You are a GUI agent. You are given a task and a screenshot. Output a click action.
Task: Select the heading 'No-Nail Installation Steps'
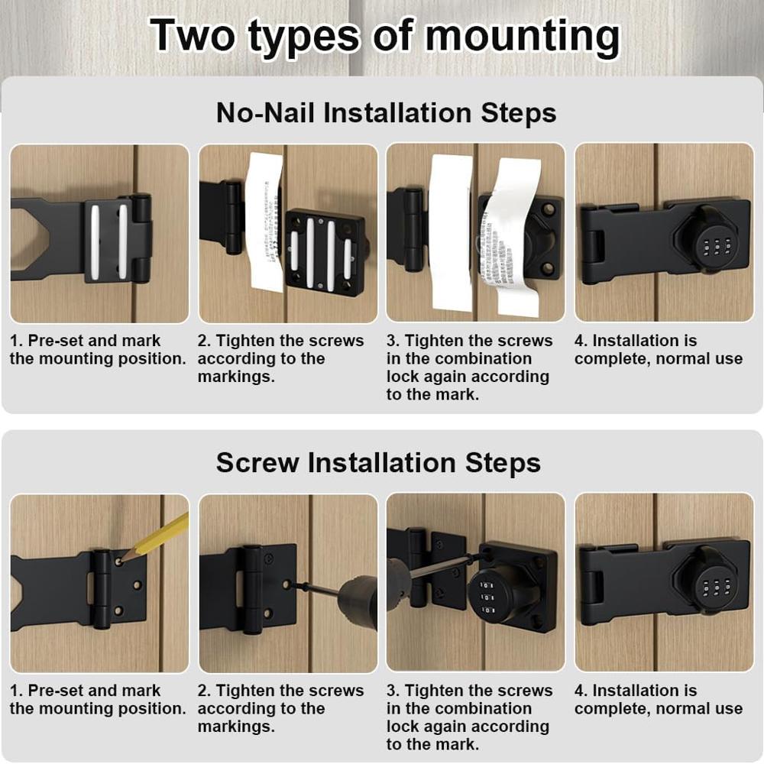point(386,113)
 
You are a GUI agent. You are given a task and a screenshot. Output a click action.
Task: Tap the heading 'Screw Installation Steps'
point(378,463)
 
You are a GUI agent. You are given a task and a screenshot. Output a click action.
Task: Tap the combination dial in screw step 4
point(715,588)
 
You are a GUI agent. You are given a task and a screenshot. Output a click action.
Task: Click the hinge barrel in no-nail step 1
point(141,238)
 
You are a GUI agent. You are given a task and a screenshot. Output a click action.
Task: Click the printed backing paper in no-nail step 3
point(511,237)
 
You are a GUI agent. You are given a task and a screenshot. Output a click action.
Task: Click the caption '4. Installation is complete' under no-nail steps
point(658,350)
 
